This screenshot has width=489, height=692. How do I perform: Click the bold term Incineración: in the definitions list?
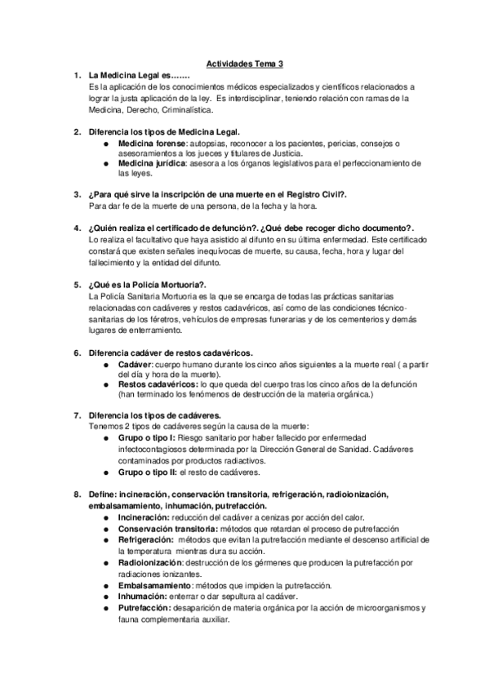[147, 517]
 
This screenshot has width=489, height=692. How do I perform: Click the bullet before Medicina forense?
[107, 143]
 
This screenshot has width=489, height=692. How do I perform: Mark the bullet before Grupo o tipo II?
[107, 472]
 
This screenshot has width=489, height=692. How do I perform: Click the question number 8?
[76, 495]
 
